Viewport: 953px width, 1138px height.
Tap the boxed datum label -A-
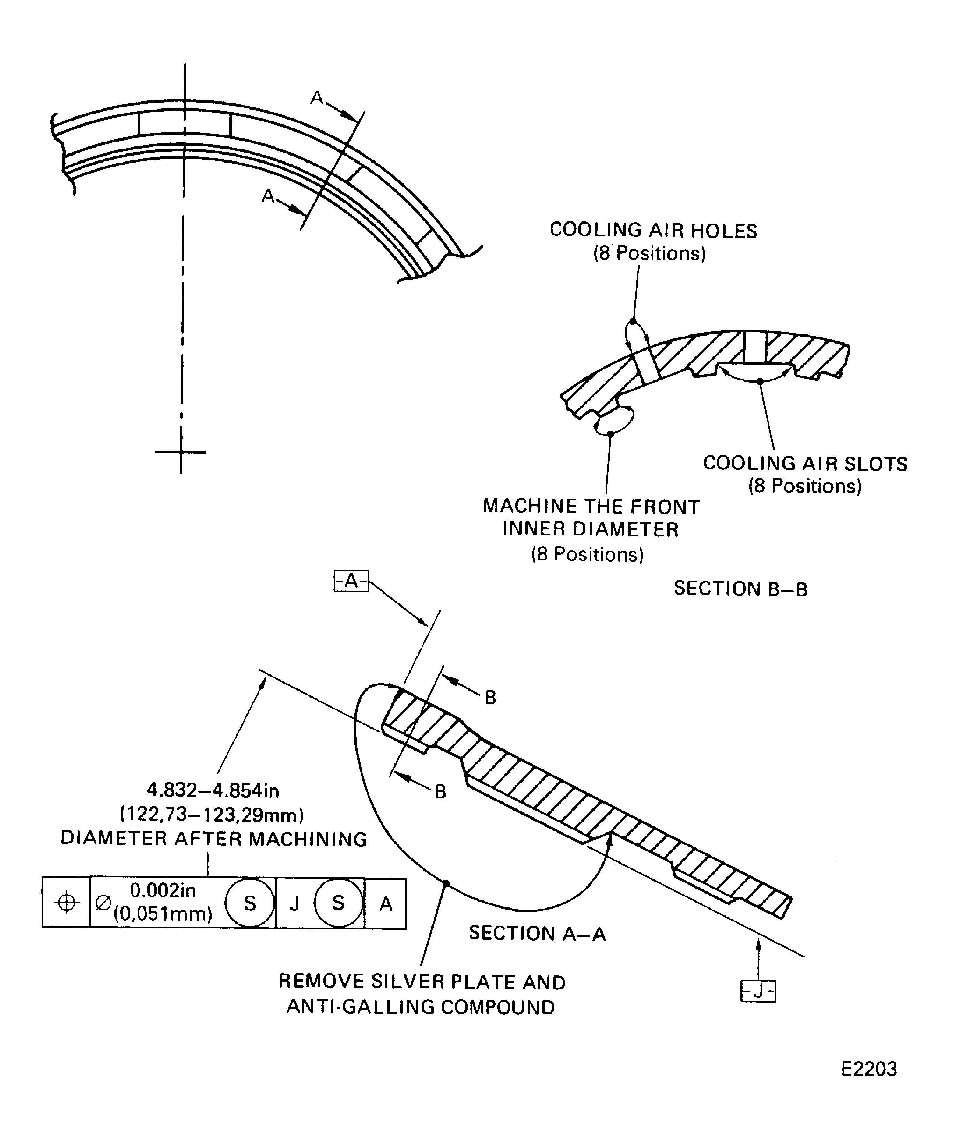351,581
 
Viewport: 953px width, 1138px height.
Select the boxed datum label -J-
758,991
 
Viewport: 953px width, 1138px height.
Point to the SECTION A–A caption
537,933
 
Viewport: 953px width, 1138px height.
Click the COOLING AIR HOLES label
653,230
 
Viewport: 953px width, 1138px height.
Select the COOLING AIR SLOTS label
805,464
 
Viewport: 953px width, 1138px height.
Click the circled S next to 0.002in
250,903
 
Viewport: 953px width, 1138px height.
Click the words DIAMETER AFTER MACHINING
214,839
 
